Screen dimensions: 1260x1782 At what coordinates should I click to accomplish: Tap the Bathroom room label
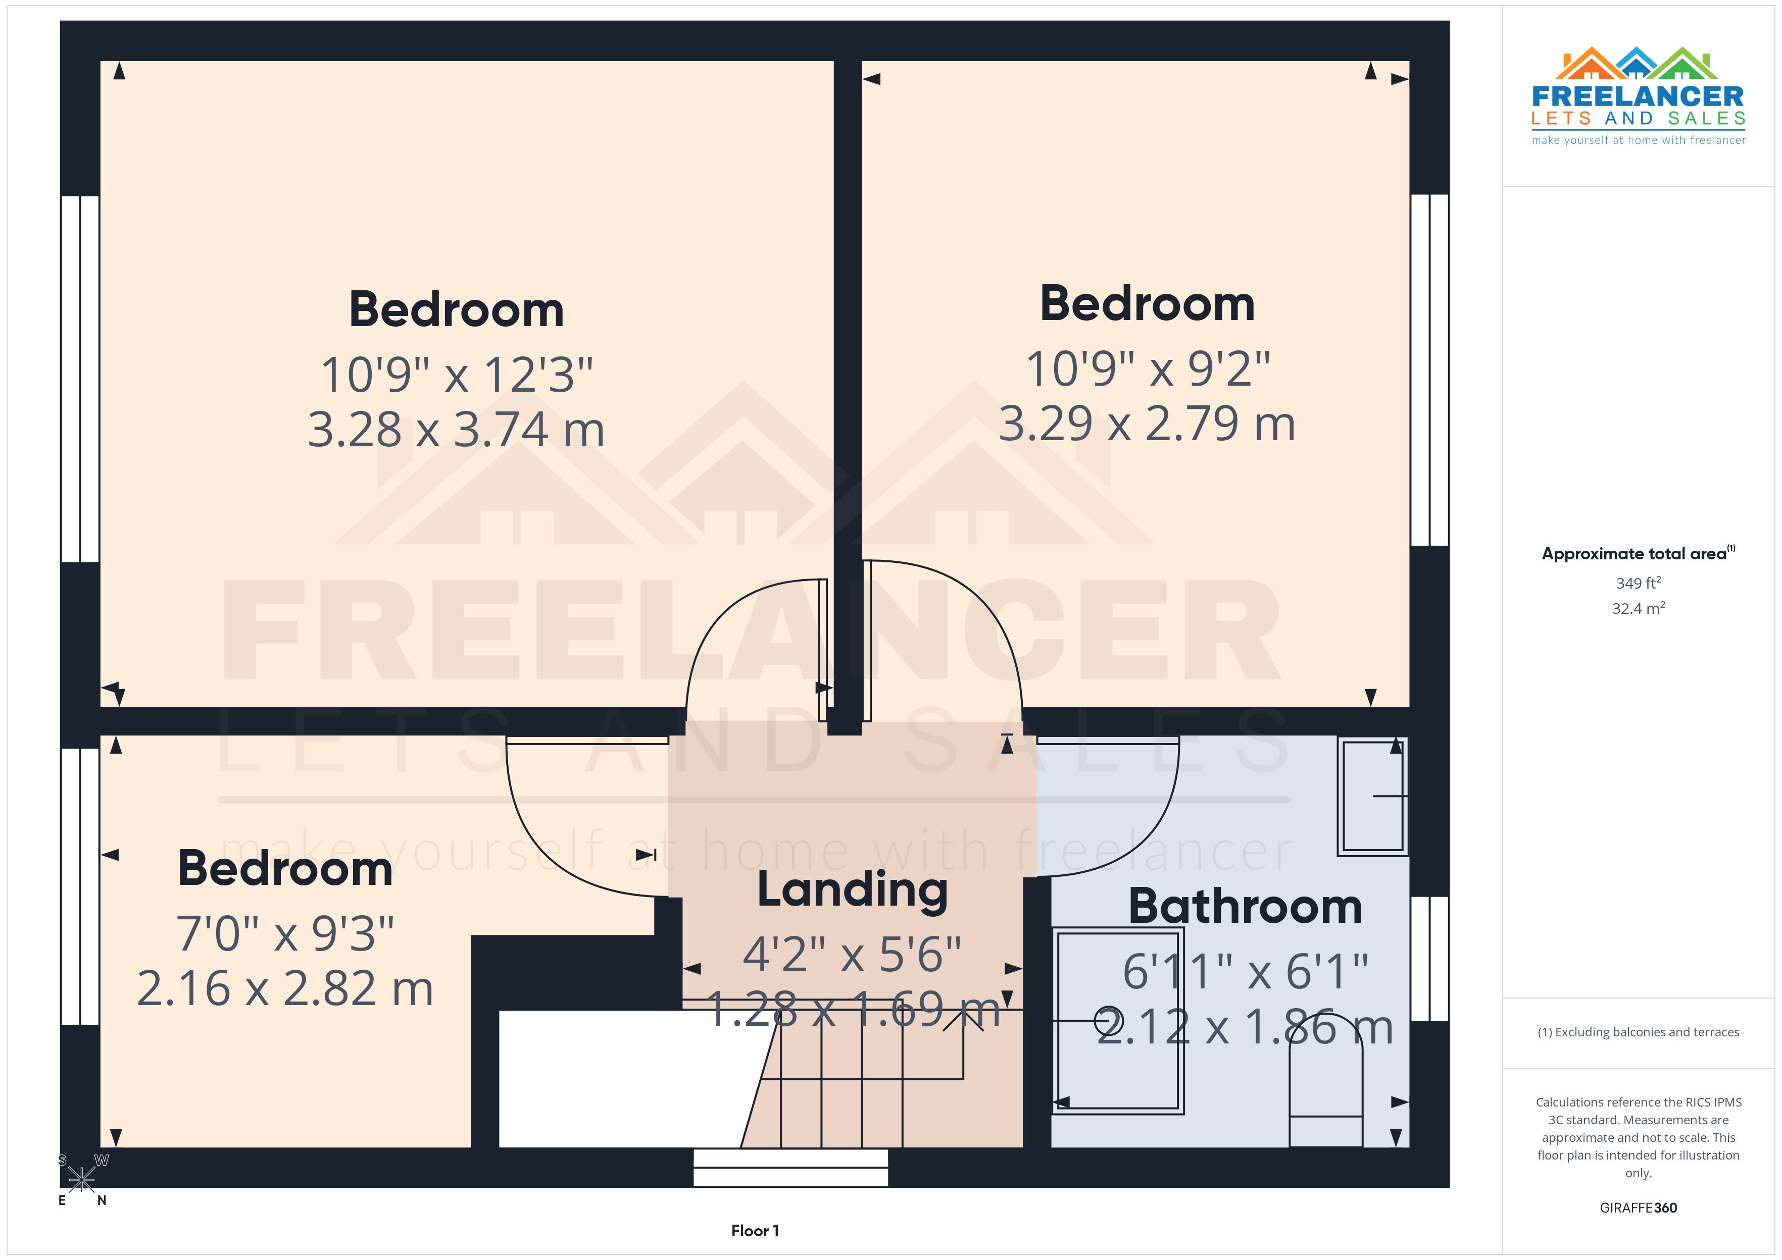tap(1245, 906)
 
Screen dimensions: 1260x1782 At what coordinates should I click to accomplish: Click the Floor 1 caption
tap(755, 1231)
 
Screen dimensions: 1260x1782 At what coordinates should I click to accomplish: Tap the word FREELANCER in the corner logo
tap(1638, 97)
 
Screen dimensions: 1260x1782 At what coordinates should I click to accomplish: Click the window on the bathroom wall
tap(1429, 958)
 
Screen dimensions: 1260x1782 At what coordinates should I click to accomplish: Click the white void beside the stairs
tap(621, 1078)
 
